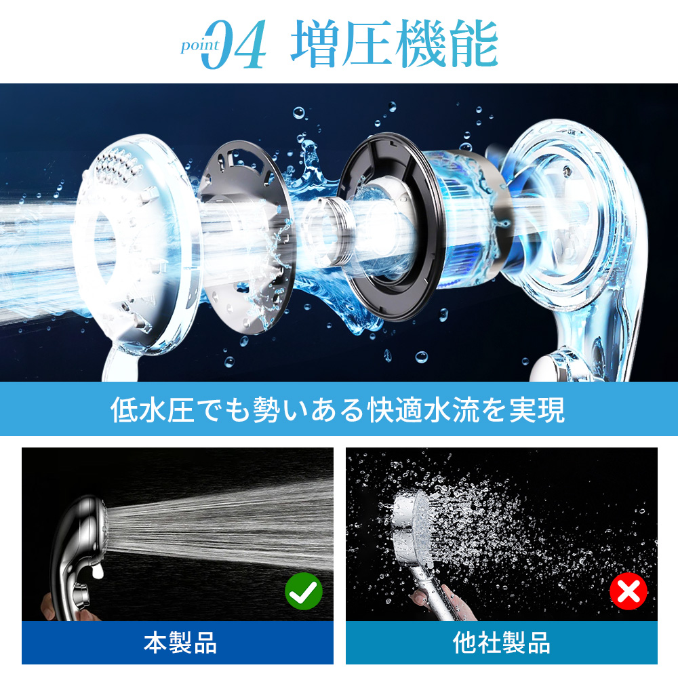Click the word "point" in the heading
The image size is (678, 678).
(199, 45)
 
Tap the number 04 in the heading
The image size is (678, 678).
(234, 45)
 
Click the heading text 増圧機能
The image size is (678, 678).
(395, 43)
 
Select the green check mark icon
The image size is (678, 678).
(304, 591)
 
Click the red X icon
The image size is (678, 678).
(629, 591)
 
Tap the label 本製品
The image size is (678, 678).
(180, 643)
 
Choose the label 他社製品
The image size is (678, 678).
(502, 643)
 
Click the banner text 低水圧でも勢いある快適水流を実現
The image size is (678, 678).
(338, 409)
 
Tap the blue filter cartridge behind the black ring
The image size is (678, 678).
(467, 220)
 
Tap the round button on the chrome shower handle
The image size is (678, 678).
(81, 595)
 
